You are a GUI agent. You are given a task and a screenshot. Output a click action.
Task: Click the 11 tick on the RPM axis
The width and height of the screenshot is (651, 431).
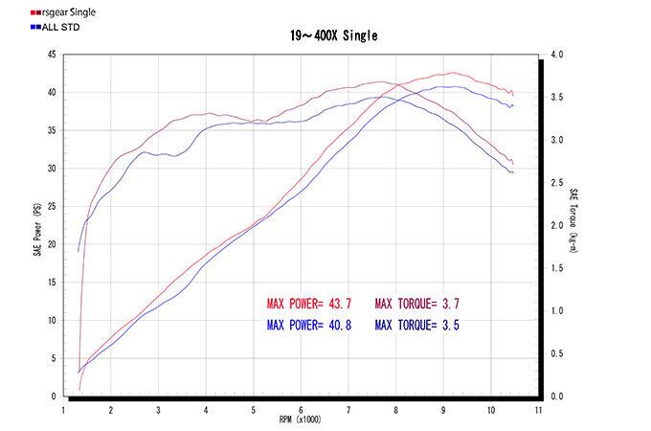pyautogui.click(x=539, y=409)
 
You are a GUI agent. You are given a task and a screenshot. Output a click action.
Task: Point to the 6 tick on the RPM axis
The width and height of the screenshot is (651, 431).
pyautogui.click(x=301, y=409)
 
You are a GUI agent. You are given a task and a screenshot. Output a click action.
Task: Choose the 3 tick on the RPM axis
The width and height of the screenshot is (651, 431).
pyautogui.click(x=158, y=409)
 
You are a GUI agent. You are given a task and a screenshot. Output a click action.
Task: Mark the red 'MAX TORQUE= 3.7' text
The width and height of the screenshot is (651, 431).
pyautogui.click(x=423, y=304)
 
